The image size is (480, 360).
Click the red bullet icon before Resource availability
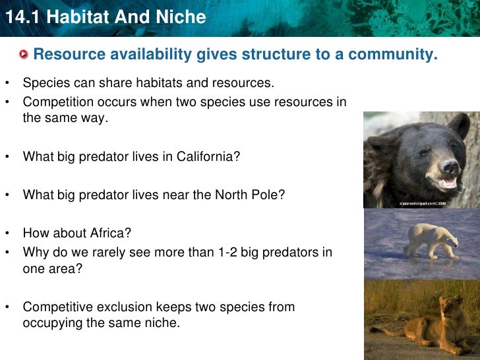[24, 54]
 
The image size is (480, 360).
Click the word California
[207, 158]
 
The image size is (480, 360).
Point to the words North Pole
[253, 195]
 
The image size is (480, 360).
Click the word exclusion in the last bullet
[121, 307]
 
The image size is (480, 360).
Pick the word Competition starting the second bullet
[56, 102]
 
